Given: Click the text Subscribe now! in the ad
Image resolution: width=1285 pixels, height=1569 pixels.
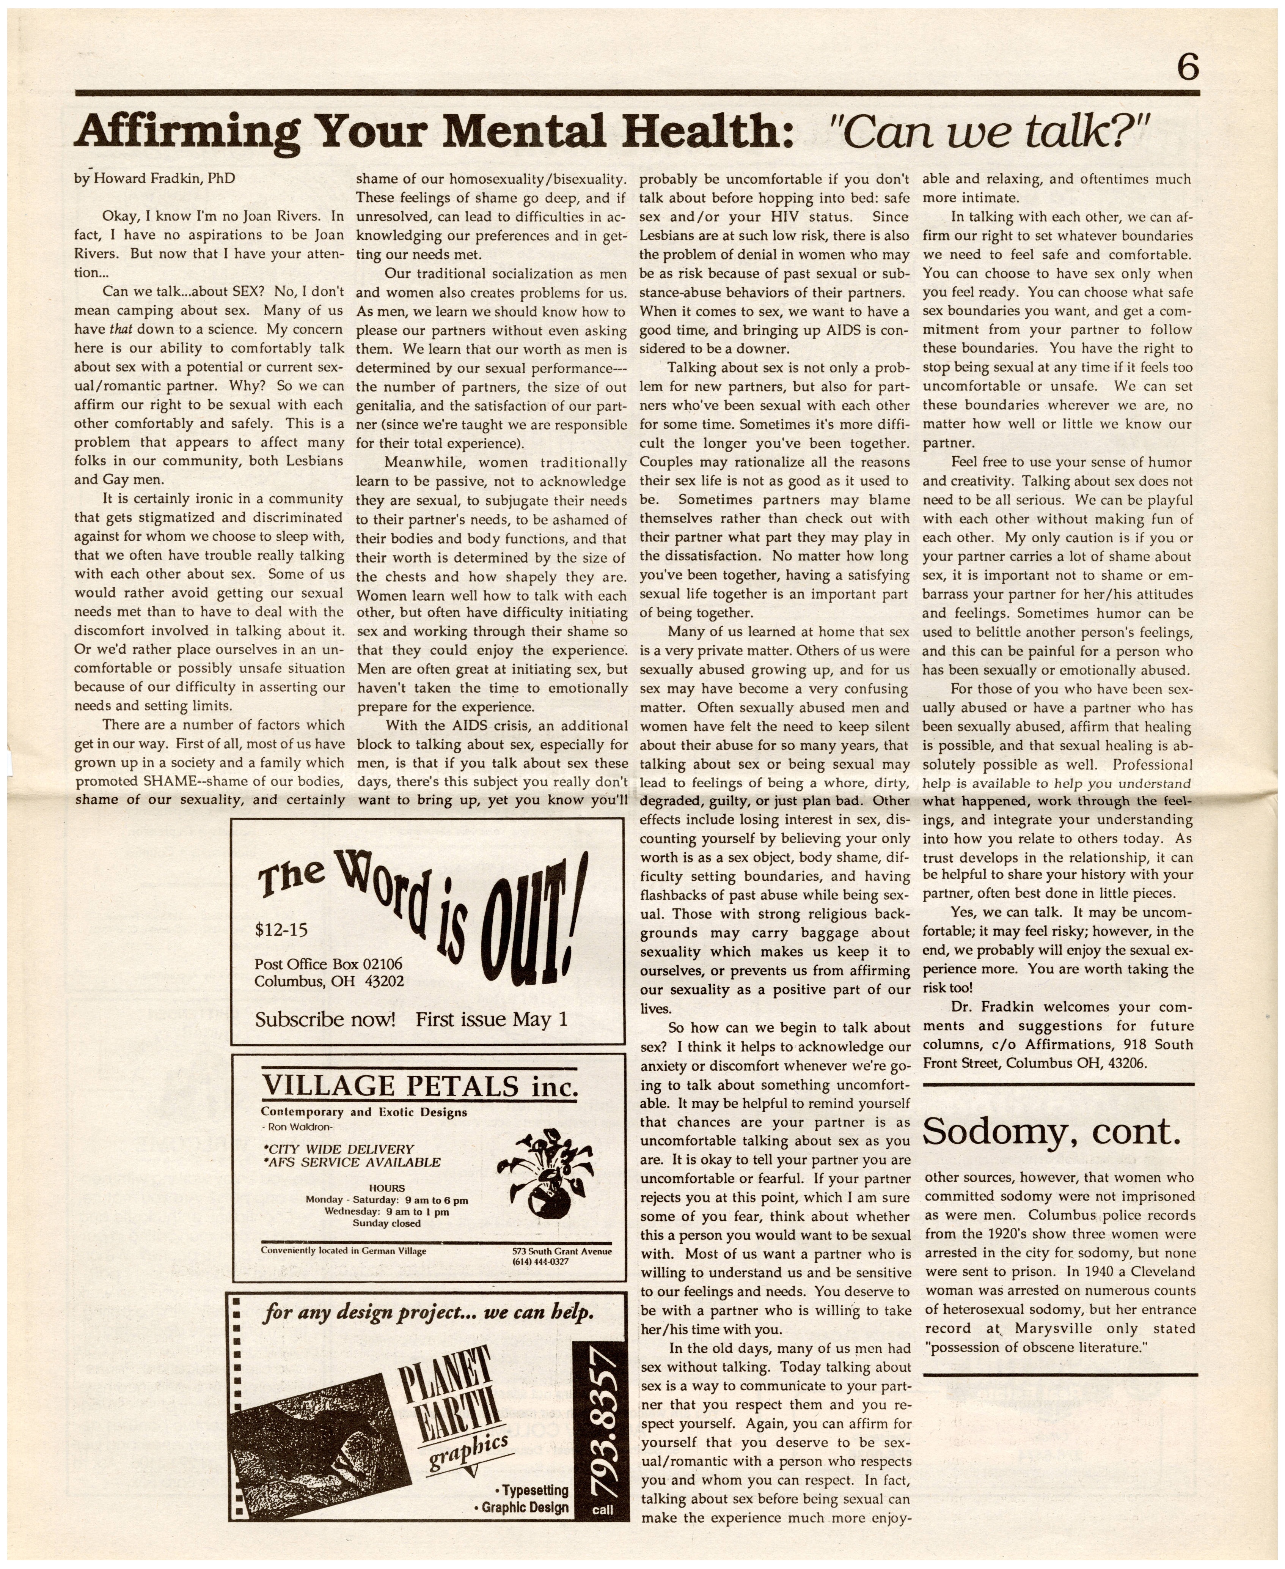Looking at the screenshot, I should click(x=325, y=1020).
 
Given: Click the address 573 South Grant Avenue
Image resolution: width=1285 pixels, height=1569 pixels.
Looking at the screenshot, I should click(x=562, y=1251).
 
